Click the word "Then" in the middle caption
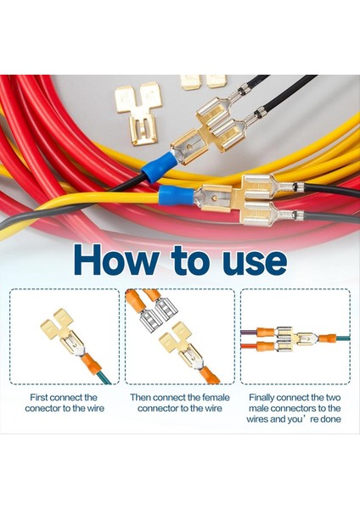pos(143,397)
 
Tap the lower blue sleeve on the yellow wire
pos(175,198)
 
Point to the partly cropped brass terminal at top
pos(203,81)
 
